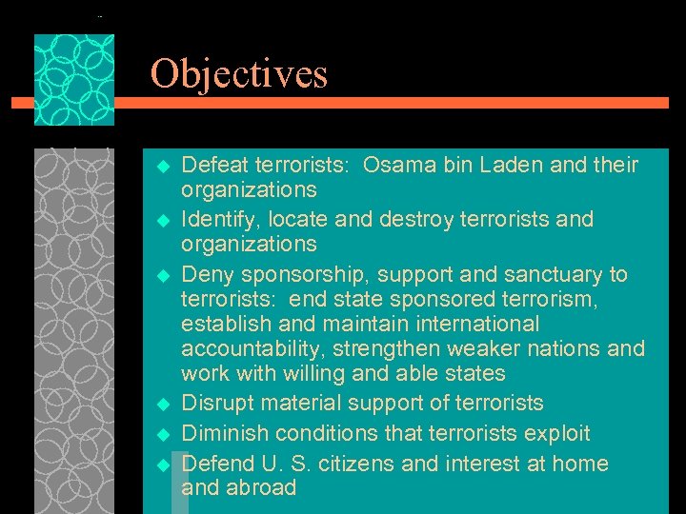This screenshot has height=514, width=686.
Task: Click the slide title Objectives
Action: coord(238,74)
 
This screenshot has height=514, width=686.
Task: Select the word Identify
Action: coord(220,219)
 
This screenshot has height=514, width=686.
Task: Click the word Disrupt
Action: coord(218,403)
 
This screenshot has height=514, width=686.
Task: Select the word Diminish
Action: coord(224,433)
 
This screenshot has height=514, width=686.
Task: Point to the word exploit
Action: coord(555,433)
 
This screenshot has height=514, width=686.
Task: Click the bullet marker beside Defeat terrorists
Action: coord(161,167)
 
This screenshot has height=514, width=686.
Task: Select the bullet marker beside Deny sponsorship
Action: coord(161,276)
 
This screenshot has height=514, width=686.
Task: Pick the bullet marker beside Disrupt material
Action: coord(161,405)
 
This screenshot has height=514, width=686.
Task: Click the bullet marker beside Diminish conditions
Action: coord(161,435)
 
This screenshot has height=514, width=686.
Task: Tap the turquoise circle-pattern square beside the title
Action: coord(74,80)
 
